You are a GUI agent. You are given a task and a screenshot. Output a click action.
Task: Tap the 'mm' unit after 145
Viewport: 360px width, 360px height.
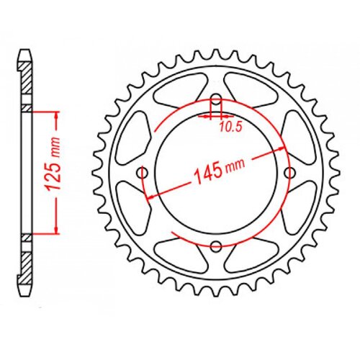point(235,167)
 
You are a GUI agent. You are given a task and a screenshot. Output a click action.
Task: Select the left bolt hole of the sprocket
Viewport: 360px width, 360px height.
point(143,173)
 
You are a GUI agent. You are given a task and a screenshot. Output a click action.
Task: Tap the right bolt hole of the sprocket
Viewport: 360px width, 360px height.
point(290,173)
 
